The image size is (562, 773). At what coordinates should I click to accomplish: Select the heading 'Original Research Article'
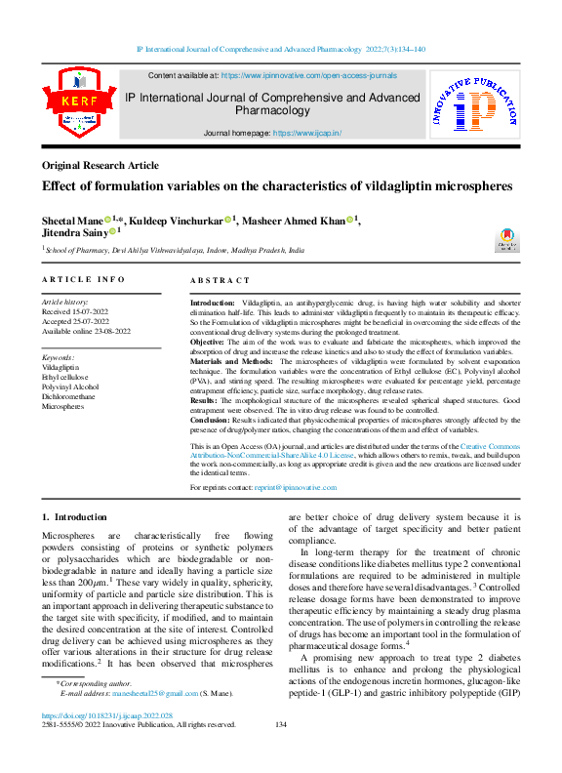point(100,166)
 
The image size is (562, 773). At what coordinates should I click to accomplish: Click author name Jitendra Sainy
point(72,233)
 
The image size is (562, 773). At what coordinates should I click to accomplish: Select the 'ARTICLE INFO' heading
point(84,280)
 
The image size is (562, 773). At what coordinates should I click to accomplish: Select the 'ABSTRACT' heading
point(221,280)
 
